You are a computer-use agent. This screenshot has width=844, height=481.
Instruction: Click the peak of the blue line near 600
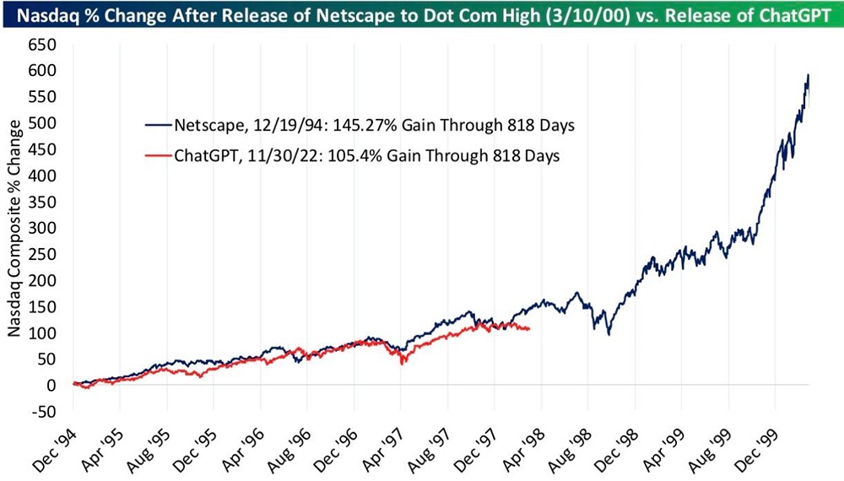(x=808, y=75)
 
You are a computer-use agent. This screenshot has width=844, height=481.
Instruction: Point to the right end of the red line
(x=529, y=329)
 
